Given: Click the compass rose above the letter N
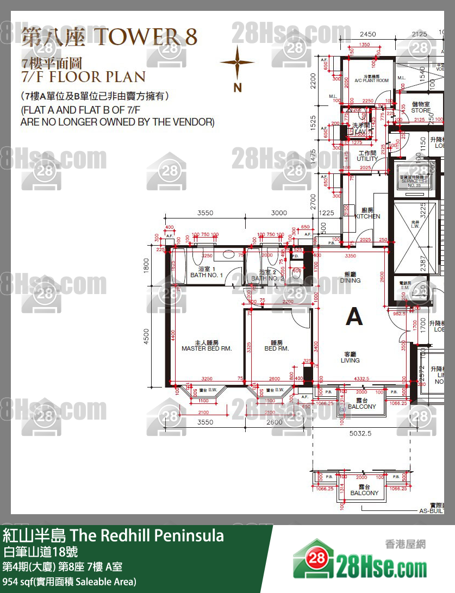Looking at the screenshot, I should point(237,63).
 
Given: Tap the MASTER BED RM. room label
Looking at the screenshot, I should point(207,346).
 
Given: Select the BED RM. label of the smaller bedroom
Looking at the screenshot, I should point(276,346).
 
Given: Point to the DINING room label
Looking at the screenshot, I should point(350,278).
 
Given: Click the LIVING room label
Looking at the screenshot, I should point(350,357).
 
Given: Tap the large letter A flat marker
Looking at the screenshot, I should point(354,316).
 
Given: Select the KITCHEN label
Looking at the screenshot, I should point(367,214).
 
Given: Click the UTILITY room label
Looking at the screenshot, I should point(367,157).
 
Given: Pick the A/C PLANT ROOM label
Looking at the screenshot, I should point(371,79).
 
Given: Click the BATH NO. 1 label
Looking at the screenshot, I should point(207,273).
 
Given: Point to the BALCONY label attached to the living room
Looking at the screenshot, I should point(362,403).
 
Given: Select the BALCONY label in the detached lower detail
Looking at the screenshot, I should point(364,490).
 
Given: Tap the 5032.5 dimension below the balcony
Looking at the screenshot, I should point(361,434).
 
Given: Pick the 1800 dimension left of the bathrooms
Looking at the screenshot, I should point(146,264).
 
